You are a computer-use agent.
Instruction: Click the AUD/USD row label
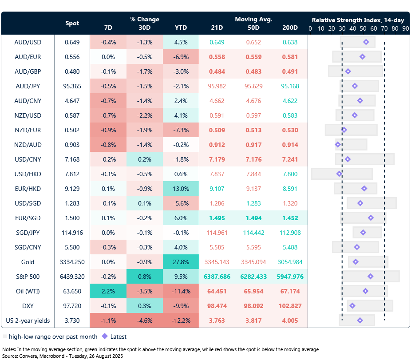[x=28, y=42]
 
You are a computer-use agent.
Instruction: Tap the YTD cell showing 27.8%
[x=181, y=262]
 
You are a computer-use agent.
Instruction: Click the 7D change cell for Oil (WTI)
[x=108, y=291]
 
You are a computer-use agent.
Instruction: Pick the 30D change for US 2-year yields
[x=144, y=320]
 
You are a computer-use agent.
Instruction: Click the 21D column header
[x=217, y=28]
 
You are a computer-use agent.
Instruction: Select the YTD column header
[x=181, y=28]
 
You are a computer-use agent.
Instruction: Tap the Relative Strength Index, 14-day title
[x=357, y=20]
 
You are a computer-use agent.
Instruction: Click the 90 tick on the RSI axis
[x=405, y=28]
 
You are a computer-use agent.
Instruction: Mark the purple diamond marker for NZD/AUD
[x=338, y=144]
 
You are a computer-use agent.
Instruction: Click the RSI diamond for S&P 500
[x=371, y=277]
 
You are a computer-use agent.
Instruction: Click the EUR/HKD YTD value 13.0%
[x=181, y=189]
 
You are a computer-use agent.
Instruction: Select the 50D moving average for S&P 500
[x=253, y=277]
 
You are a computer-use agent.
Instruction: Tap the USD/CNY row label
[x=28, y=159]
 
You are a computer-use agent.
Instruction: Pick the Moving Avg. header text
[x=253, y=20]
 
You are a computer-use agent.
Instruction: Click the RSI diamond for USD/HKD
[x=339, y=174]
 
